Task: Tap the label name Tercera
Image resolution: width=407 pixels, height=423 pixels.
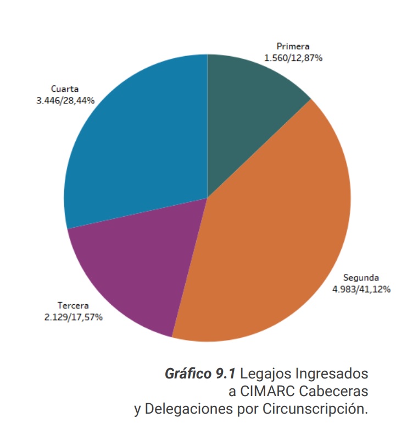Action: (x=73, y=306)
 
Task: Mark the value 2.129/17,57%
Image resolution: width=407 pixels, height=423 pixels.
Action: (x=73, y=316)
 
